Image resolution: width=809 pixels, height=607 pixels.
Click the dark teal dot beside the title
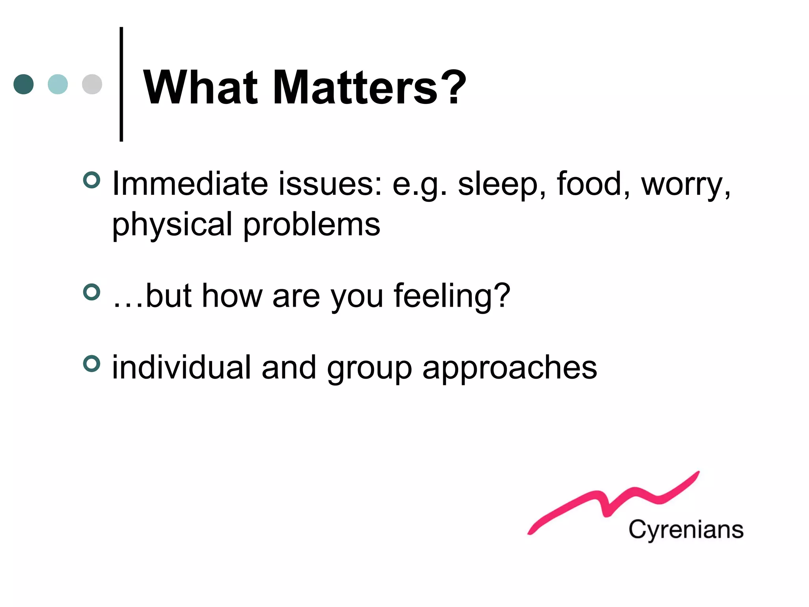click(24, 84)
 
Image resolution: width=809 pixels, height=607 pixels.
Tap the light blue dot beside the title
click(58, 84)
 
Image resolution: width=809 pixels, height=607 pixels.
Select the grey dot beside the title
click(92, 84)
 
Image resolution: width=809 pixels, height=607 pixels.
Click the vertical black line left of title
click(121, 84)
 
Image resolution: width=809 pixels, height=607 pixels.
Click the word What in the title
click(200, 87)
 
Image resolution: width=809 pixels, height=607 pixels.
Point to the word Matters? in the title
click(369, 87)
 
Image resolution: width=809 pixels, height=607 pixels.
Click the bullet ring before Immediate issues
click(92, 180)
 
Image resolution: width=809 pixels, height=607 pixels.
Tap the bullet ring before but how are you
click(92, 292)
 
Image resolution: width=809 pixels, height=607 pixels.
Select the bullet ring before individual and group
click(92, 364)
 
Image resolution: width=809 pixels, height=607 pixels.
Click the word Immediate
click(190, 184)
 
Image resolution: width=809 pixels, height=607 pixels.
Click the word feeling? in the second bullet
click(452, 296)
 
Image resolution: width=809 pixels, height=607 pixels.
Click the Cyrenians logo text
click(686, 530)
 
